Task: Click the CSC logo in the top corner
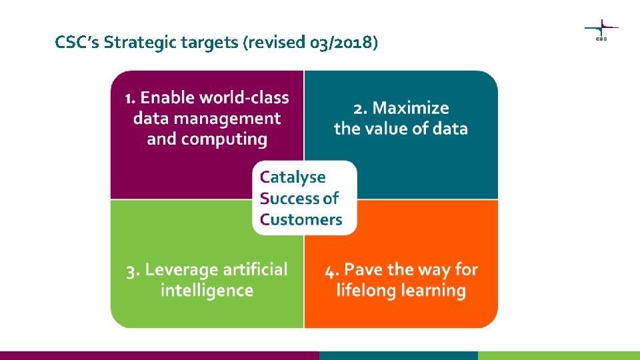pyautogui.click(x=601, y=30)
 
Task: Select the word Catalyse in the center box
pyautogui.click(x=293, y=177)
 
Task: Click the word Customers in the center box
pyautogui.click(x=301, y=219)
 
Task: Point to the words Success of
pyautogui.click(x=299, y=198)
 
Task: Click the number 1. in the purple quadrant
pyautogui.click(x=131, y=98)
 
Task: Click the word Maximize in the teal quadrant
pyautogui.click(x=411, y=108)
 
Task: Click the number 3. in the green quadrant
pyautogui.click(x=133, y=270)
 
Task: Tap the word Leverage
pyautogui.click(x=182, y=270)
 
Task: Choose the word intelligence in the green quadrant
pyautogui.click(x=207, y=291)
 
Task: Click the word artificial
pyautogui.click(x=256, y=270)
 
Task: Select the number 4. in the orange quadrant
pyautogui.click(x=333, y=270)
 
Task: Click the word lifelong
pyautogui.click(x=363, y=291)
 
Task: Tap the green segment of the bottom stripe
pyautogui.click(x=559, y=355)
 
